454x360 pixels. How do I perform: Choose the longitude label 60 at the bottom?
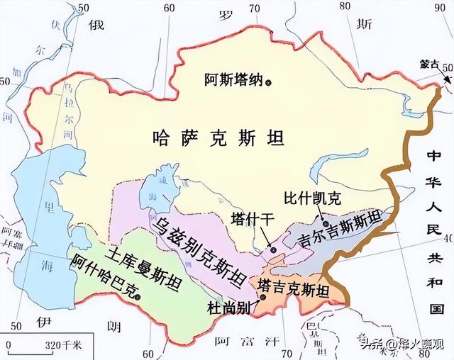148,352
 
